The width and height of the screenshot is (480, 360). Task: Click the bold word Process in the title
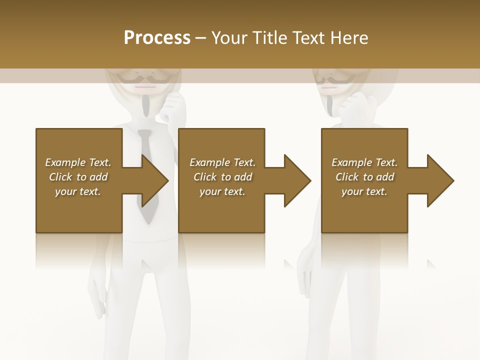[x=157, y=38]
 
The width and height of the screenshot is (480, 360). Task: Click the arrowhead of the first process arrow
[x=154, y=180]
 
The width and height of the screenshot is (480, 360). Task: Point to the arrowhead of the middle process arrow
[x=297, y=180]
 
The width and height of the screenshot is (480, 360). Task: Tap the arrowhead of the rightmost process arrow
[x=440, y=180]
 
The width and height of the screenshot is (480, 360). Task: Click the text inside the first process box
[x=78, y=177]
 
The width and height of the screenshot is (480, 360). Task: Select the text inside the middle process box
[x=222, y=177]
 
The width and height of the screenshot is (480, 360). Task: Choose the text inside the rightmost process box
[x=364, y=177]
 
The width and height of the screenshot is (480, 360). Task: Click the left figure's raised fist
[x=172, y=105]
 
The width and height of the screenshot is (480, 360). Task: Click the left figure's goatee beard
[x=145, y=104]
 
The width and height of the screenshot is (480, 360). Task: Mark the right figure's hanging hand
[x=305, y=272]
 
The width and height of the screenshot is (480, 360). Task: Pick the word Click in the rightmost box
[x=347, y=177]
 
